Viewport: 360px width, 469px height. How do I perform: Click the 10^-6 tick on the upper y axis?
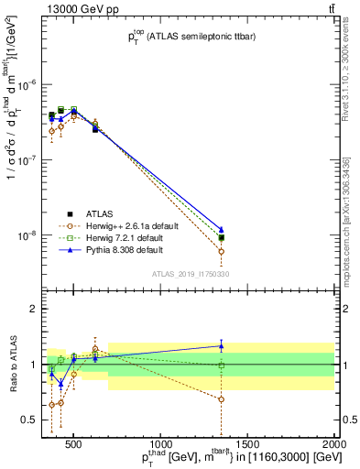[29, 84]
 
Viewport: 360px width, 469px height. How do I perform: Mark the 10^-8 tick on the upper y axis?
[29, 235]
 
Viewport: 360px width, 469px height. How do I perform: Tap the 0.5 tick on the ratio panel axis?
[30, 420]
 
